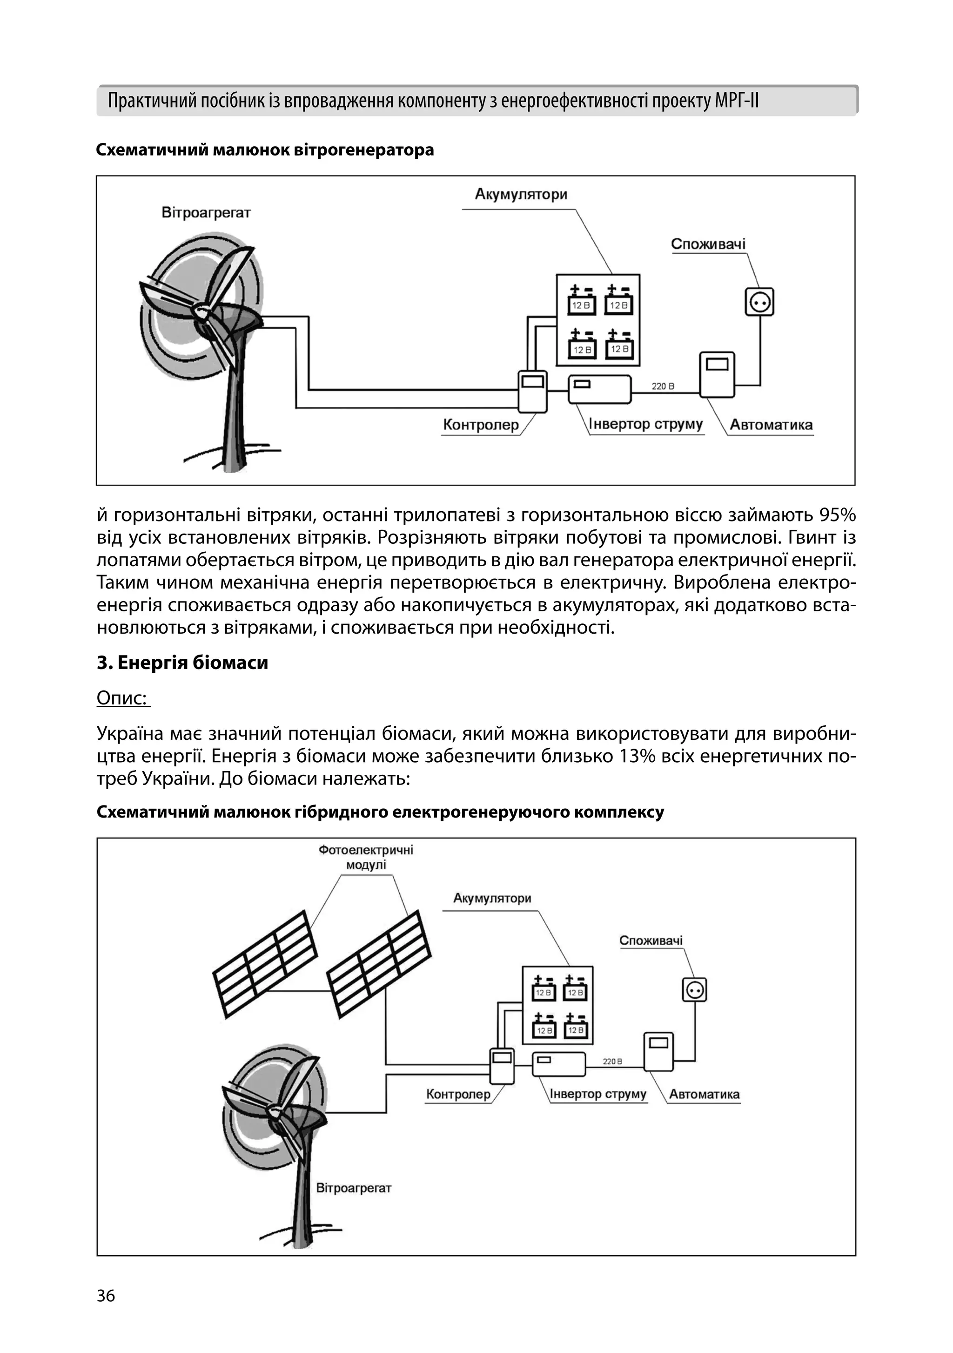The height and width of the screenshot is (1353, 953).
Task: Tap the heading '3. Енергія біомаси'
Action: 182,663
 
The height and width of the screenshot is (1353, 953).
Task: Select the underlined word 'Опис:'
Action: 122,698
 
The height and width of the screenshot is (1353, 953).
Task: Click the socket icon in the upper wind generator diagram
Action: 759,302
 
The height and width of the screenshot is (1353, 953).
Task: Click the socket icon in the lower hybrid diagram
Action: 694,989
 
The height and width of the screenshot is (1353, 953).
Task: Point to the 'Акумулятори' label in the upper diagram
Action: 521,195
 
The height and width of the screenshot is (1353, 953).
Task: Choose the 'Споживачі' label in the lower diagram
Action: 651,940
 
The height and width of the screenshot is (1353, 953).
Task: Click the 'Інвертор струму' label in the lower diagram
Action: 598,1094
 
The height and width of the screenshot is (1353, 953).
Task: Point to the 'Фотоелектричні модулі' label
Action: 366,858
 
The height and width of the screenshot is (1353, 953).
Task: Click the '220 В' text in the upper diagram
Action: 663,386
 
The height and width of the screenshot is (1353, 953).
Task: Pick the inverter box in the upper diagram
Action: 600,390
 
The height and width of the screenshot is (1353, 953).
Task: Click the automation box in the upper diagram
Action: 717,375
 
